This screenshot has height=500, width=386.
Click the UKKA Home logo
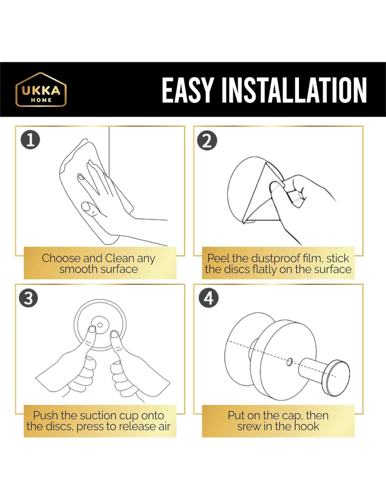41,89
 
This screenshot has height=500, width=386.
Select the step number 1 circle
30,141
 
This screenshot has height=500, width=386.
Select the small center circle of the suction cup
100,325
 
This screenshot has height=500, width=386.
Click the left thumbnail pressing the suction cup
93,329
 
